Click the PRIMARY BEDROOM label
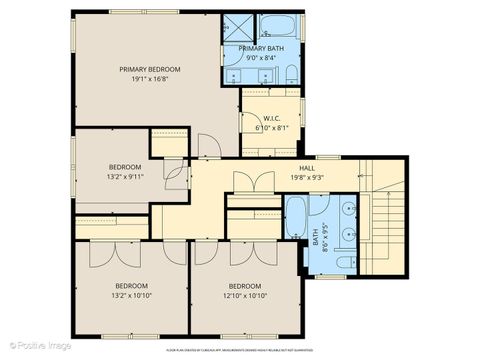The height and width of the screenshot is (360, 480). (x=148, y=69)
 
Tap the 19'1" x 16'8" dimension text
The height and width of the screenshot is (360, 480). (x=148, y=79)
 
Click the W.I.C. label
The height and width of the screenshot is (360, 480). (x=271, y=118)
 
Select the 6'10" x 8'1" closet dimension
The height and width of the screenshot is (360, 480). (x=271, y=128)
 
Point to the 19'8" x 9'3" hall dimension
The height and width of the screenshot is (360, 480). (x=307, y=178)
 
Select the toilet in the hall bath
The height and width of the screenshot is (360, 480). (x=343, y=262)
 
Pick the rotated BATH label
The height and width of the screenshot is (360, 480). (x=315, y=241)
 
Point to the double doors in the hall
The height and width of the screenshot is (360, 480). (x=253, y=184)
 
